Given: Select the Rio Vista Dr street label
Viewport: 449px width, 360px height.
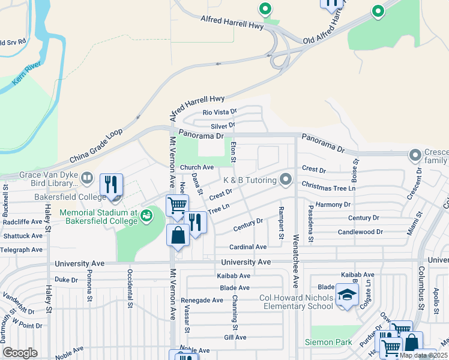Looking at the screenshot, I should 220,112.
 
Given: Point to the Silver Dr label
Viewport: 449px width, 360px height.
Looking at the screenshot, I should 223,126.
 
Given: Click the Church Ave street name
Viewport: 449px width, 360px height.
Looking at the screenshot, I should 197,167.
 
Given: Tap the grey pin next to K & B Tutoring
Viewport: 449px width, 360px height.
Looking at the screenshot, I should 286,179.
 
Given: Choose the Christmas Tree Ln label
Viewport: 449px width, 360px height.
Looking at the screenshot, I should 329,188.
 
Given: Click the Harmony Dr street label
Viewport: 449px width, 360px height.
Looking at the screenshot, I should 333,205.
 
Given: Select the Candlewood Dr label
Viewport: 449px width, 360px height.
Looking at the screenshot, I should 360,232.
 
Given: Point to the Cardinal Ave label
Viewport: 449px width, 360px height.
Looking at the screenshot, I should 248,247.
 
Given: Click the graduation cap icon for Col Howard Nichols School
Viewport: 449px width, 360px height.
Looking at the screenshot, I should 347,294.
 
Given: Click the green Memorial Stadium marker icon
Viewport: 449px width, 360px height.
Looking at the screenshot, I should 145,214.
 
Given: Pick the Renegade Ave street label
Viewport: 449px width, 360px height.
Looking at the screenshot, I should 205,300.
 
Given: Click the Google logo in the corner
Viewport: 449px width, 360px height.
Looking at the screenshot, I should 20,353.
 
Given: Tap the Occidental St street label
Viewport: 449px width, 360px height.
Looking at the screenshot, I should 129,287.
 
